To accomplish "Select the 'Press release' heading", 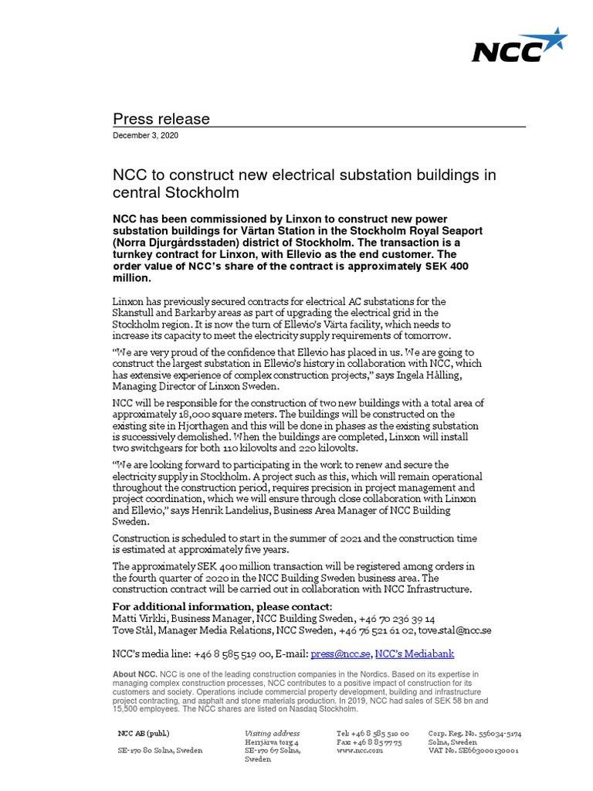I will tap(161, 118).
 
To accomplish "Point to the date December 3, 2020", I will tap(145, 135).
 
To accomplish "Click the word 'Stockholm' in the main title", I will tap(200, 192).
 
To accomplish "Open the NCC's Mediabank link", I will tap(414, 654).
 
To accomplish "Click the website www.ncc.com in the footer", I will tap(359, 750).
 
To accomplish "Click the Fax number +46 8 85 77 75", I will tap(368, 742).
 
